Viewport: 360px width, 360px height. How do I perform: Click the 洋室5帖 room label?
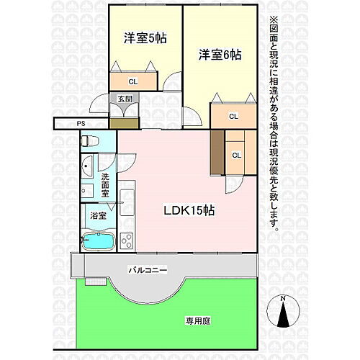point(145,38)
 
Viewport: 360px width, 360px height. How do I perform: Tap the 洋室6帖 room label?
point(220,55)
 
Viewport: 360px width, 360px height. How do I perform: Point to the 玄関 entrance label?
point(124,99)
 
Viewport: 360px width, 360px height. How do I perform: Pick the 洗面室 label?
point(106,185)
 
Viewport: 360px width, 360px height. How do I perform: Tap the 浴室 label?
point(97,215)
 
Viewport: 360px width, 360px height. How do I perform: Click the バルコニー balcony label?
point(148,270)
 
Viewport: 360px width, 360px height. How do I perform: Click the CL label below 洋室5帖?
point(133,81)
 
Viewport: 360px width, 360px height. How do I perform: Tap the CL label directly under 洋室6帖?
point(233,116)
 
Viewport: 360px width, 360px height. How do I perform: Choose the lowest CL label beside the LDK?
point(236,153)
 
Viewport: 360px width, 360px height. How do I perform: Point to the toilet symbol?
point(89,140)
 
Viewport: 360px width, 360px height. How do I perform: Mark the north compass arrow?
point(283,315)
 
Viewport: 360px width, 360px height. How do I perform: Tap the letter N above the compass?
point(283,297)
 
